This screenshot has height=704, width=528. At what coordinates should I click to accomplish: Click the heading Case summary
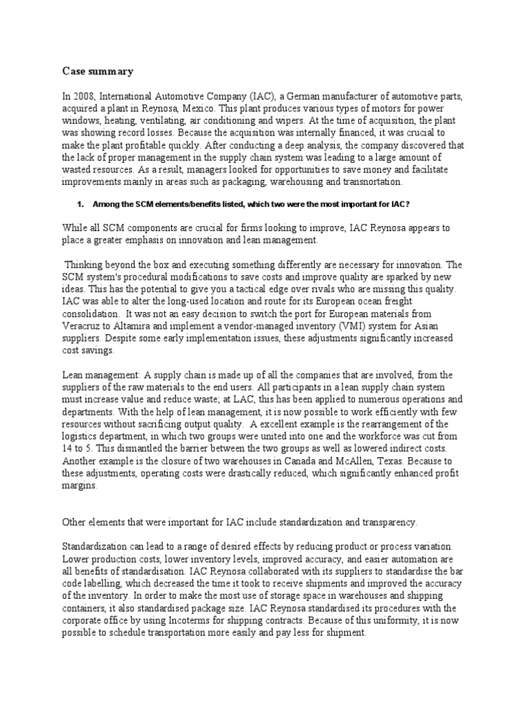(90, 71)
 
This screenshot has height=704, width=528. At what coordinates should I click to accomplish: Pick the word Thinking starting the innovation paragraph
(85, 264)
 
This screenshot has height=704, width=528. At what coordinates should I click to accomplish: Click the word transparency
(386, 522)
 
